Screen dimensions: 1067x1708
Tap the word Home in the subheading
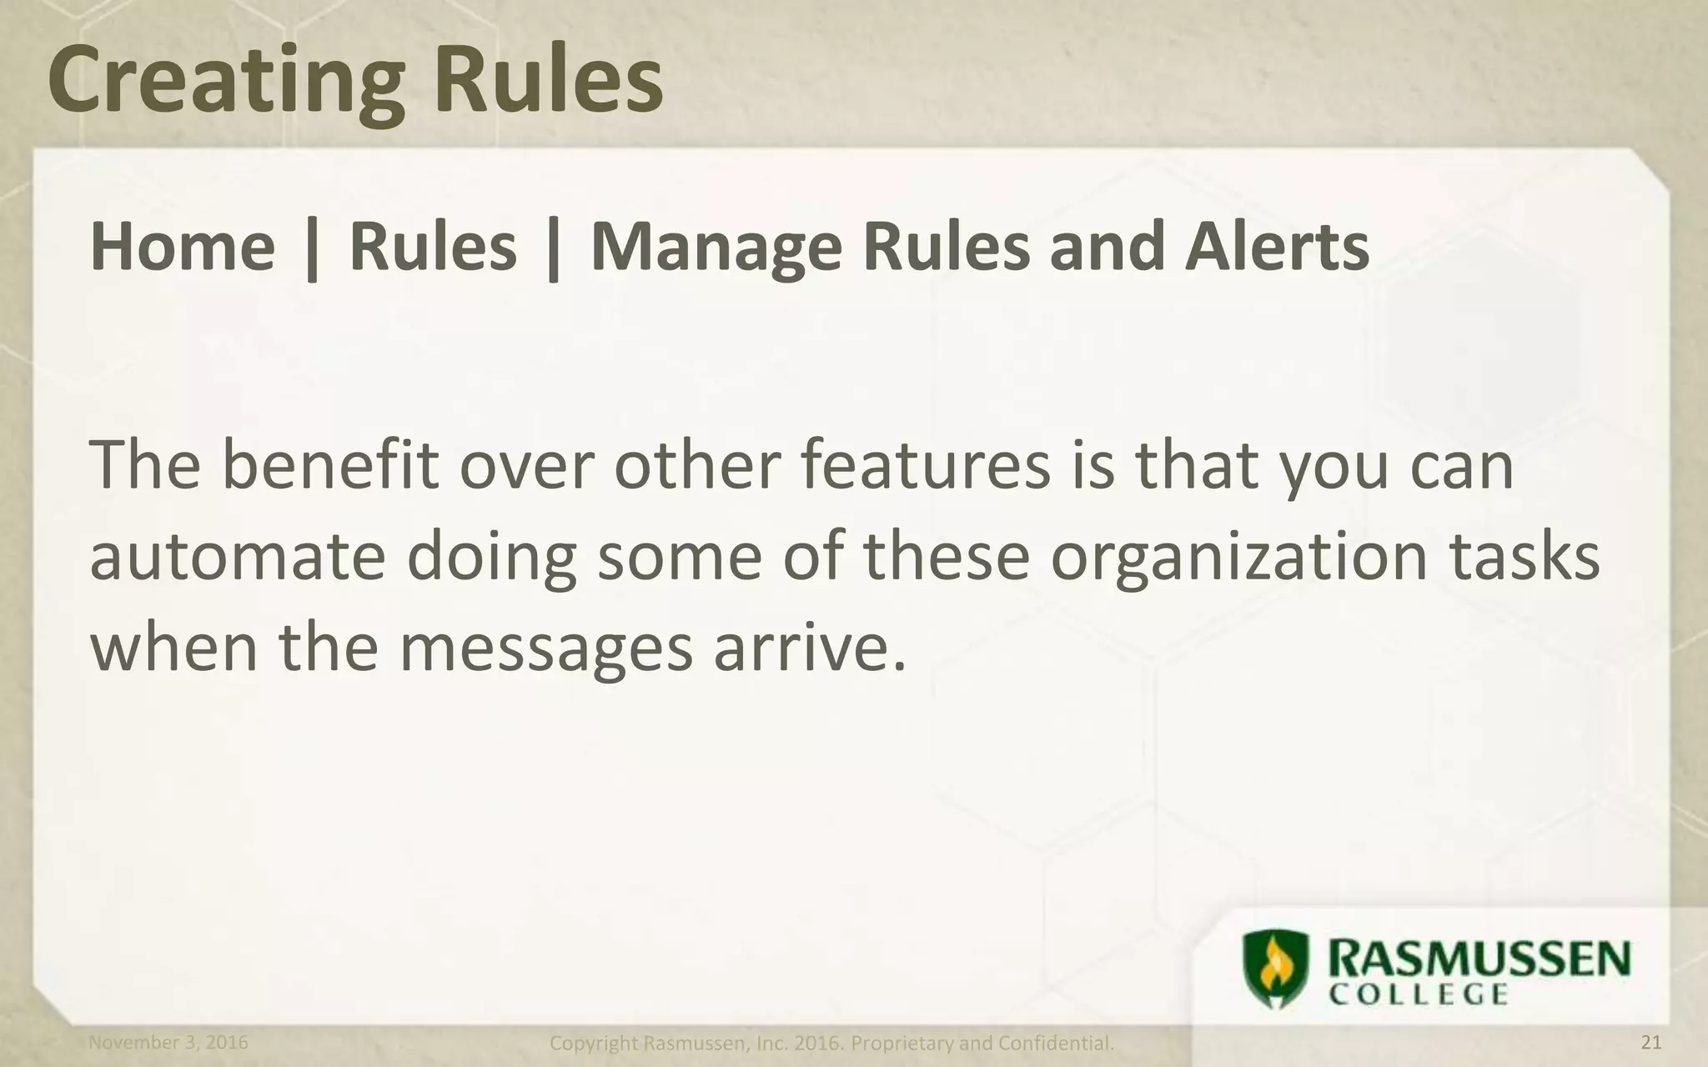coord(182,247)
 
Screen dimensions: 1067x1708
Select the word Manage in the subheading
coord(716,248)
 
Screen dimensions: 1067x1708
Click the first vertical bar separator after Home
coord(312,248)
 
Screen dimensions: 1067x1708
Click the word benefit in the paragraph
coord(329,465)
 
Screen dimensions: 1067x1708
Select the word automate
coord(237,557)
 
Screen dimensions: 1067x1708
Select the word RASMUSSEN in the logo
coord(1478,960)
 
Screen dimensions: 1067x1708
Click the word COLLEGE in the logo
coord(1418,994)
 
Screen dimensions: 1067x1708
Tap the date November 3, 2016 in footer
coord(168,1042)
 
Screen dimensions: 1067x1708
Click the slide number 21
coord(1651,1042)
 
